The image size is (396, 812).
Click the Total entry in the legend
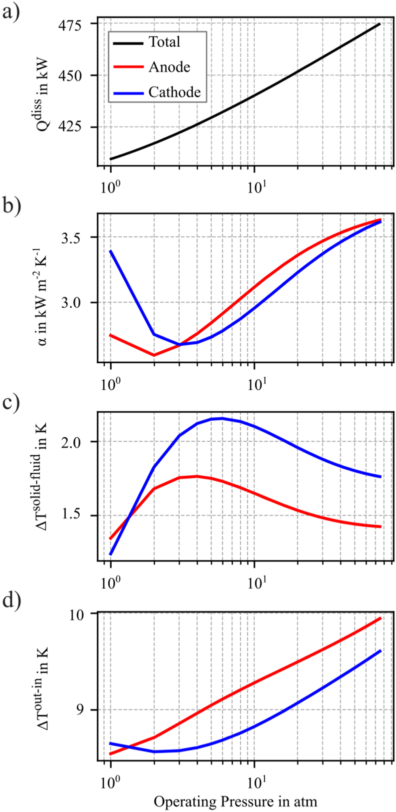(x=164, y=42)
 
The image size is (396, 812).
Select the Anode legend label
(x=169, y=67)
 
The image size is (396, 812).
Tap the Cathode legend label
(x=174, y=92)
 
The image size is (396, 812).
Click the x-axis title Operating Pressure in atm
(x=235, y=801)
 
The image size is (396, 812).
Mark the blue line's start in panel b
(x=111, y=251)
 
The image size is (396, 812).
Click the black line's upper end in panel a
(x=380, y=24)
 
